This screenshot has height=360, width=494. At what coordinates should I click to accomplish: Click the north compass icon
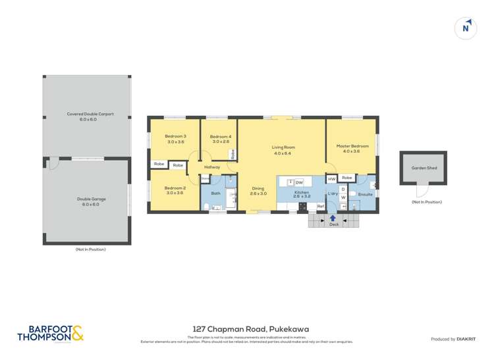(466, 28)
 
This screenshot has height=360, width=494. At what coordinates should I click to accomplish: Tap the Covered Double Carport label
(90, 116)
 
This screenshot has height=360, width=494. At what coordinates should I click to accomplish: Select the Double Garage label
(91, 201)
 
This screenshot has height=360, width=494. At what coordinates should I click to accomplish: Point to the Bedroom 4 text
(220, 138)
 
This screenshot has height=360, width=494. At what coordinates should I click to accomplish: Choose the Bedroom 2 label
(175, 191)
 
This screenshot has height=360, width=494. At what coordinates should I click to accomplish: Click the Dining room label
(258, 191)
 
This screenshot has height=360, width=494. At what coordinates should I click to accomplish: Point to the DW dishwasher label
(299, 182)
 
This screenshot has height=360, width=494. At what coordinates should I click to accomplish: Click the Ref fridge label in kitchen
(320, 207)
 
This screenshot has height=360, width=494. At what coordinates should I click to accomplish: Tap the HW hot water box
(331, 178)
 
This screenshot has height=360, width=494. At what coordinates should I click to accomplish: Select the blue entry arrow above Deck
(333, 217)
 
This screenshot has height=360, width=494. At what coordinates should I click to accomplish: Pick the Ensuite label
(366, 195)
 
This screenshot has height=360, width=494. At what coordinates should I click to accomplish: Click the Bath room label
(215, 193)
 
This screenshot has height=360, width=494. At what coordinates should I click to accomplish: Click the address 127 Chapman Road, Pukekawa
(251, 330)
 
